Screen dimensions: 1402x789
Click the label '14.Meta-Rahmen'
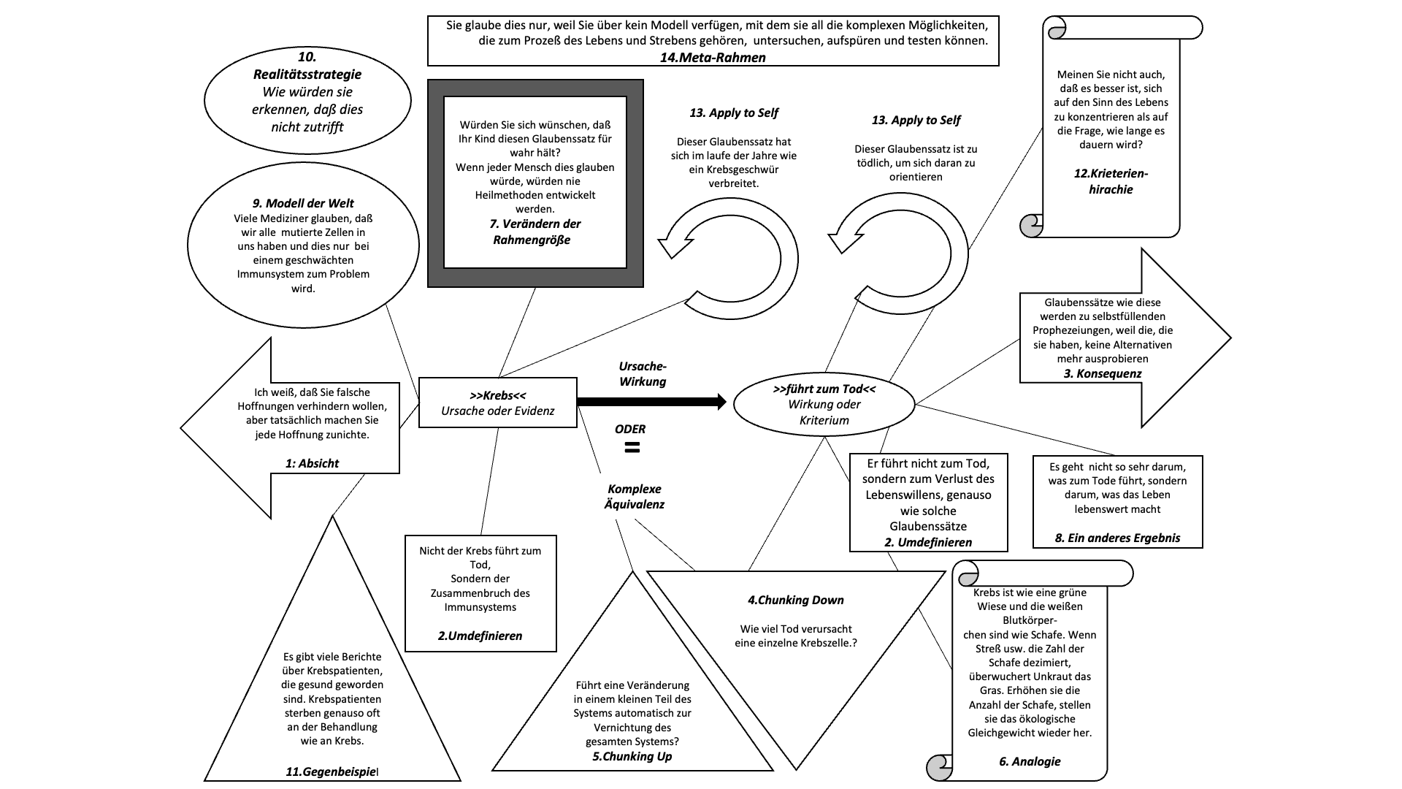point(713,58)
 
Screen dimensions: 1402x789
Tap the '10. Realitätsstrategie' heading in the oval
point(307,66)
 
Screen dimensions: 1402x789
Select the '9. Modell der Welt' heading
point(302,203)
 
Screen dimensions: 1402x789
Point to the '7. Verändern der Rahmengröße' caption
point(535,232)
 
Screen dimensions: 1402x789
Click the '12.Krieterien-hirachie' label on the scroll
point(1111,181)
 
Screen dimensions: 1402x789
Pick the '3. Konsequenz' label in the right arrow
point(1103,373)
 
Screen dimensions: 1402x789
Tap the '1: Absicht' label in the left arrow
point(312,463)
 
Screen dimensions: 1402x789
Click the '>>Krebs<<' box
point(498,403)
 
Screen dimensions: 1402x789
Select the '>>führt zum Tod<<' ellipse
point(824,405)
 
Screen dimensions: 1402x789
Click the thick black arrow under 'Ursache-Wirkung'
point(651,401)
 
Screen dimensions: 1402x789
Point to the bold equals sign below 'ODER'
point(632,448)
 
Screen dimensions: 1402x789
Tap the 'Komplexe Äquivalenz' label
point(636,496)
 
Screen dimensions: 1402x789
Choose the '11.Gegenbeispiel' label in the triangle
point(332,771)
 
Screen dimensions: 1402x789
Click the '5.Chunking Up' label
point(632,756)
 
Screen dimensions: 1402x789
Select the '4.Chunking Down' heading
point(795,600)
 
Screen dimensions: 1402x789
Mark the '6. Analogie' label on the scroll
point(1030,761)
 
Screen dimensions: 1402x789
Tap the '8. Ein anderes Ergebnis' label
point(1117,538)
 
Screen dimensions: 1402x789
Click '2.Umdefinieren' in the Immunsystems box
point(480,636)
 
